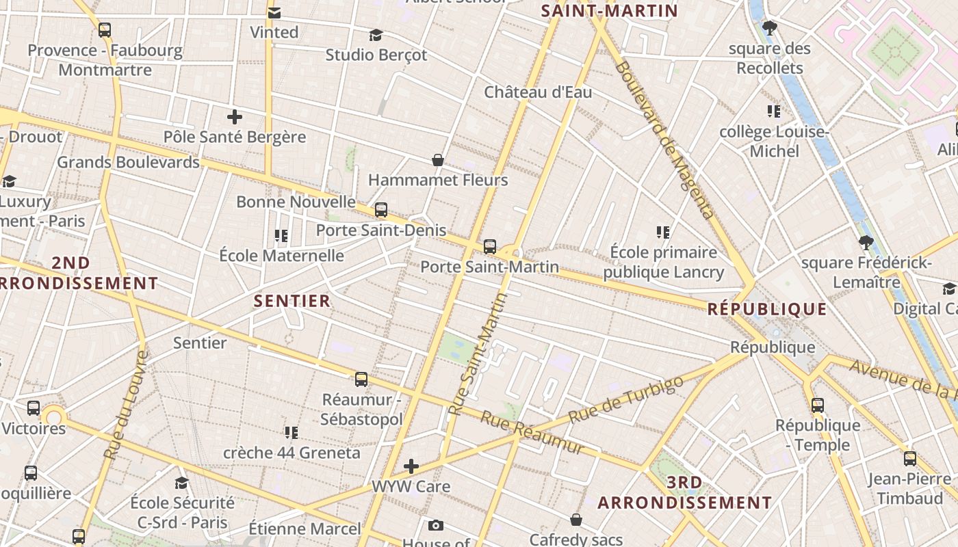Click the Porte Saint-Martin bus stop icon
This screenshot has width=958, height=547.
point(490,247)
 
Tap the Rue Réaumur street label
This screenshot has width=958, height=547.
point(532,432)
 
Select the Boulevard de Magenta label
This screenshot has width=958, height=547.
point(664,139)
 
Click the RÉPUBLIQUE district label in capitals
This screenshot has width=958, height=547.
point(766,309)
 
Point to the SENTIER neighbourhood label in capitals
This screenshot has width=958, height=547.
point(292,301)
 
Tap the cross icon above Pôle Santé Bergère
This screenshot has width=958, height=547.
point(235,117)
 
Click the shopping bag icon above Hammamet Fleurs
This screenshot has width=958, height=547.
point(438,160)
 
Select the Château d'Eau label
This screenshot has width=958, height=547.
point(538,92)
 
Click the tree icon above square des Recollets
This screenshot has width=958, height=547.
point(770,28)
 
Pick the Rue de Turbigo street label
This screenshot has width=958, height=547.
point(625,399)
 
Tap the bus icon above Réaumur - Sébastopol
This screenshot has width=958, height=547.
point(361,379)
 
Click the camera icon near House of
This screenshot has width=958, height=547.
point(436,525)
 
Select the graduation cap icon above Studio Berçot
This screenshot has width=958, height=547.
point(376,35)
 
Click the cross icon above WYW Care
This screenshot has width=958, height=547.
point(411,466)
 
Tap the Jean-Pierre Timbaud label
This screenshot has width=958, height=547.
point(909,488)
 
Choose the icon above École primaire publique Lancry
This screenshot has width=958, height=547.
point(662,232)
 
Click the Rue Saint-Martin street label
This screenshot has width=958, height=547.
point(477,354)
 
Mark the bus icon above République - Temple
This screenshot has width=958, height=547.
point(818,405)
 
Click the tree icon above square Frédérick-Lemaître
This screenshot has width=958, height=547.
point(866,242)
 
